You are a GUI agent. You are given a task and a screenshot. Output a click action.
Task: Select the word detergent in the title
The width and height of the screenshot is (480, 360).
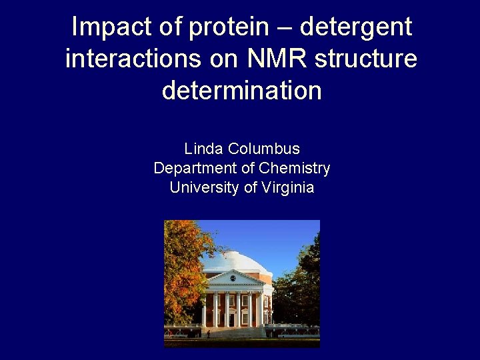[356, 27]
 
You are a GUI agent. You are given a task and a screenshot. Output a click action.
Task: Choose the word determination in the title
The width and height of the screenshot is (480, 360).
[241, 90]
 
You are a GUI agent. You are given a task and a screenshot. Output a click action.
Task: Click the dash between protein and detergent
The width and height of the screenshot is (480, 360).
[286, 29]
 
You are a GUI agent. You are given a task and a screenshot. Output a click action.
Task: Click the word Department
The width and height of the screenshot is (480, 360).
[195, 168]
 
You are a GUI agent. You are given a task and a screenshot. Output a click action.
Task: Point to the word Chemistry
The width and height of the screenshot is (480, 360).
[295, 168]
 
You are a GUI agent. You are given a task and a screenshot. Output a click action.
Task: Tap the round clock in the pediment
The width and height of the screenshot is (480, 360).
[233, 278]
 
